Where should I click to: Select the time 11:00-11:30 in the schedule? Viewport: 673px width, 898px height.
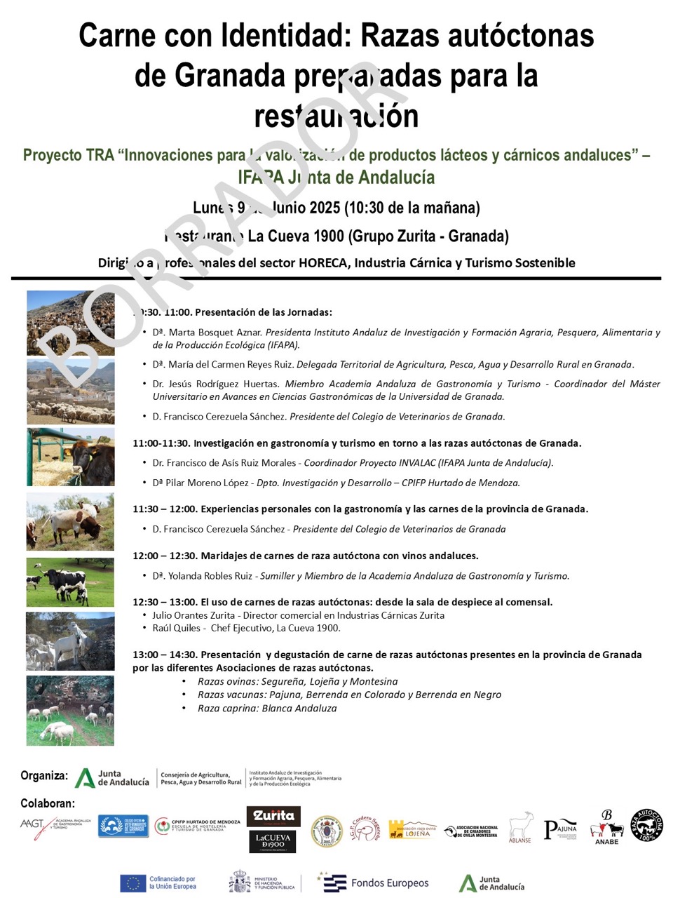pos(160,443)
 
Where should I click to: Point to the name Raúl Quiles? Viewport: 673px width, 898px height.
pos(176,628)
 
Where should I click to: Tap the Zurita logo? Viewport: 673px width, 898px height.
pos(273,815)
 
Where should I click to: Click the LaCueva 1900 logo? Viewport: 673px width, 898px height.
pos(273,841)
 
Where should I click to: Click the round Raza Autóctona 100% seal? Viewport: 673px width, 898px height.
pos(646,825)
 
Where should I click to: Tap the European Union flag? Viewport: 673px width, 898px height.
pos(132,883)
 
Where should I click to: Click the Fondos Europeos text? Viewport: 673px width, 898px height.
pos(389,883)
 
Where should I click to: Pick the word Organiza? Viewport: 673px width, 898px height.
pos(44,776)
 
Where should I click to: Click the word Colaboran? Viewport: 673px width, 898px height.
pos(47,803)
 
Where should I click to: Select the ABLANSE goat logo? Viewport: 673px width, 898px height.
pos(520,828)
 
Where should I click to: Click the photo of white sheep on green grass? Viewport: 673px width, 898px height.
pos(70,710)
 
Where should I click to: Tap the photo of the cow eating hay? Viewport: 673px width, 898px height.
pos(70,457)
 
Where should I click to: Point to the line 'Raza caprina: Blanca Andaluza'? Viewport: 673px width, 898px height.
pos(267,709)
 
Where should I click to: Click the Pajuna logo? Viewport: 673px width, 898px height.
pos(560,829)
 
